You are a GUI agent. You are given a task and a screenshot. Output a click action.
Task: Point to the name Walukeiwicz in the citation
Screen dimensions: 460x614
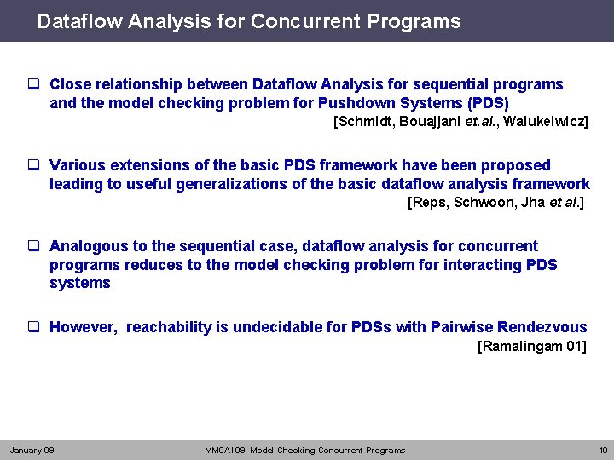click(546, 122)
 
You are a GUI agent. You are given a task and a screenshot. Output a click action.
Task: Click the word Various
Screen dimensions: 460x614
click(77, 164)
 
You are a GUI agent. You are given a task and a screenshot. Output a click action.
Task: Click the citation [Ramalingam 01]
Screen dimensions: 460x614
click(532, 347)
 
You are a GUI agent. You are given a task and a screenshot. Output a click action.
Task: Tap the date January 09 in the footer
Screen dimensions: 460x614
click(32, 450)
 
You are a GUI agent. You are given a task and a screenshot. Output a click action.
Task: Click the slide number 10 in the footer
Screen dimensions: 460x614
click(603, 450)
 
